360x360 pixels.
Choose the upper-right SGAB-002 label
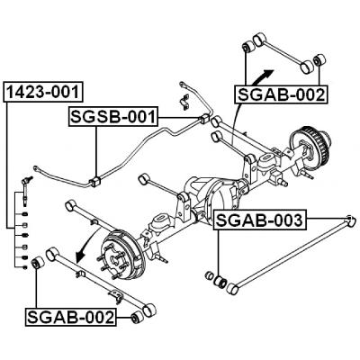point(280,93)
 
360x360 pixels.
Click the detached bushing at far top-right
point(316,65)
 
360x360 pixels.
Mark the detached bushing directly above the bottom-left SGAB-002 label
point(38,264)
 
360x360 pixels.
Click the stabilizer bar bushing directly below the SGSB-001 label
point(96,180)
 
